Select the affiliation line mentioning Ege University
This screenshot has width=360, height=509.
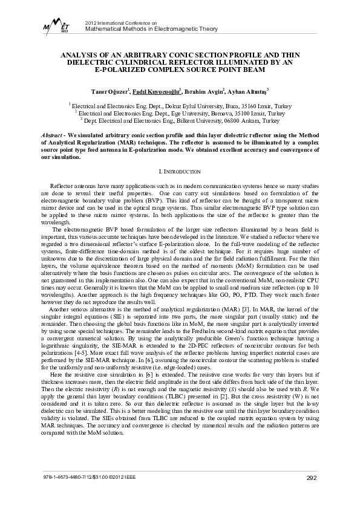179,112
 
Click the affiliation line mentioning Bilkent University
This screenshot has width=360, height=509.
179,120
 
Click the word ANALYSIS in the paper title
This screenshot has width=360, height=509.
83,54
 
